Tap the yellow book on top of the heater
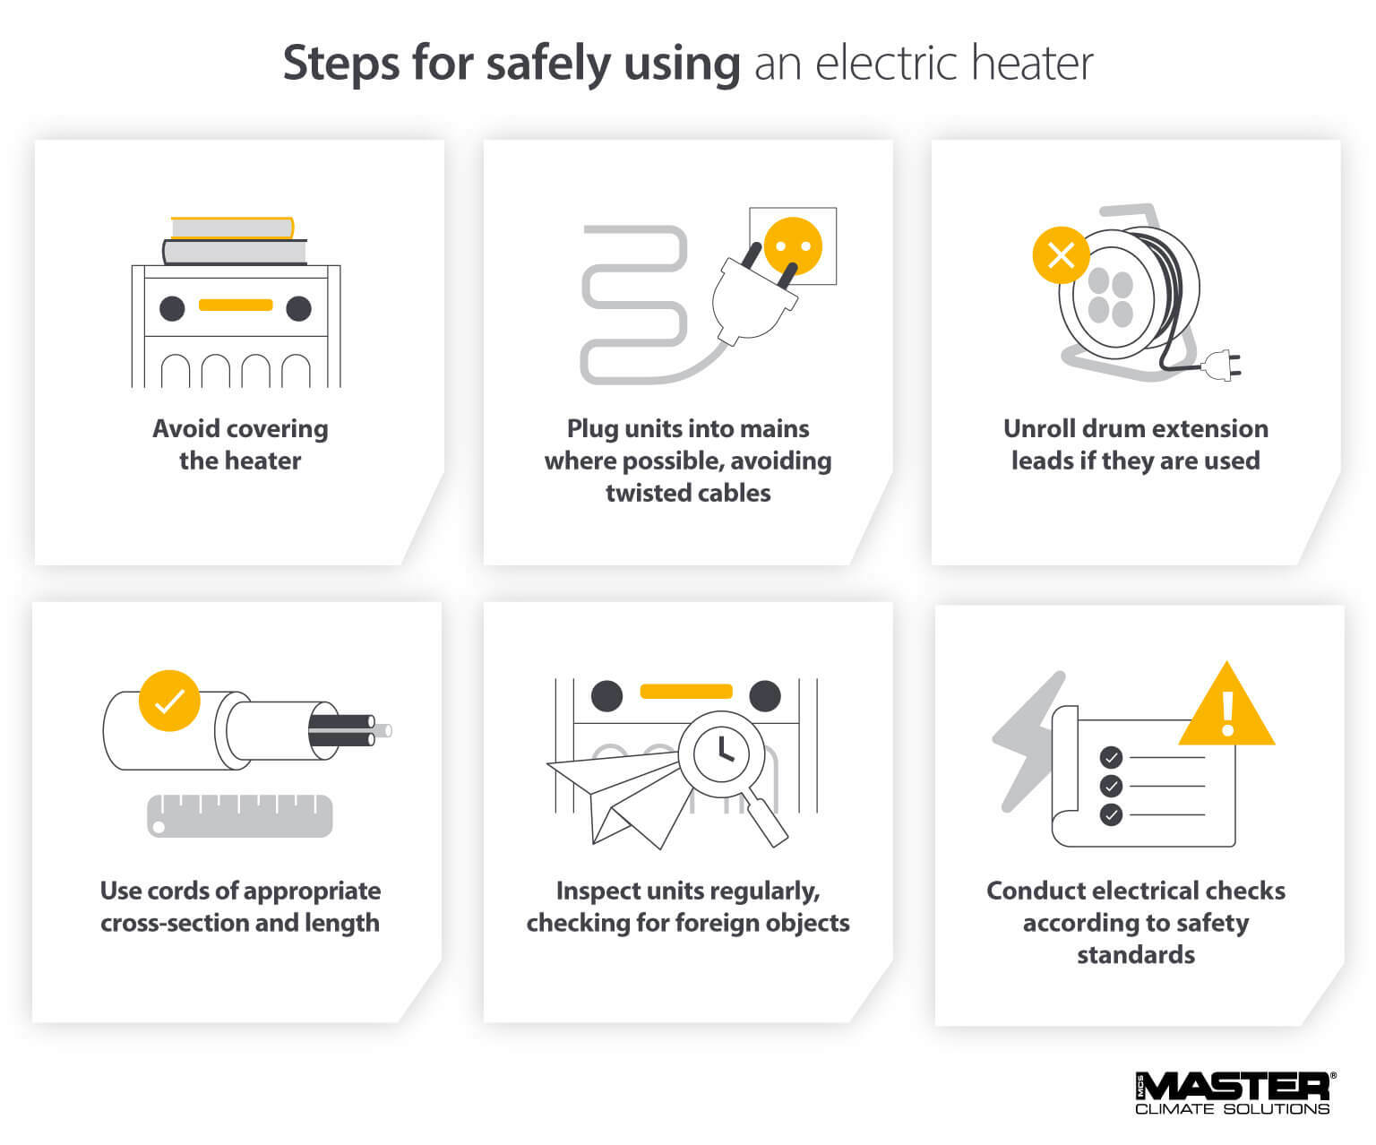coord(232,228)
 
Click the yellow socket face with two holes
coord(793,245)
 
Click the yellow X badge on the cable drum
coord(1061,255)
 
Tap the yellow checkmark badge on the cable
coord(169,701)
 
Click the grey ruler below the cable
coord(239,816)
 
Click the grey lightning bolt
coord(1028,740)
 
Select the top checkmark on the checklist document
coord(1111,758)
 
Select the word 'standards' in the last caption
coord(1135,955)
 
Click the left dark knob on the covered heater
coord(172,308)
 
